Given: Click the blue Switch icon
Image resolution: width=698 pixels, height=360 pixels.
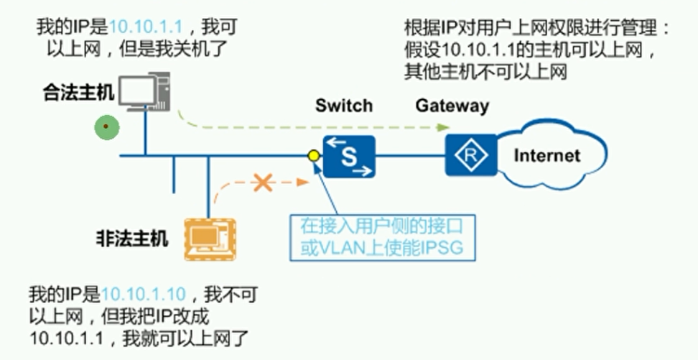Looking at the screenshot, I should (x=349, y=157).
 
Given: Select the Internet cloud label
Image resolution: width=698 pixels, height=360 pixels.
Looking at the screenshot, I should (x=547, y=155).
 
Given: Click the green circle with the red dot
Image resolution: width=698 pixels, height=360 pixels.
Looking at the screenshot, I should (x=106, y=128).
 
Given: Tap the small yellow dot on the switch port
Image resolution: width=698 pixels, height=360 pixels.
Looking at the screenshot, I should (x=313, y=154).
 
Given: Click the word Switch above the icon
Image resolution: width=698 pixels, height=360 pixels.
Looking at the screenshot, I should (x=345, y=106).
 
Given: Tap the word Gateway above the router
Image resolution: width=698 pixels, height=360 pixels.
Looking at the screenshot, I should (x=452, y=106).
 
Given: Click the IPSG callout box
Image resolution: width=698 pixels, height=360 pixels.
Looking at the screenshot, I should (x=381, y=239).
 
